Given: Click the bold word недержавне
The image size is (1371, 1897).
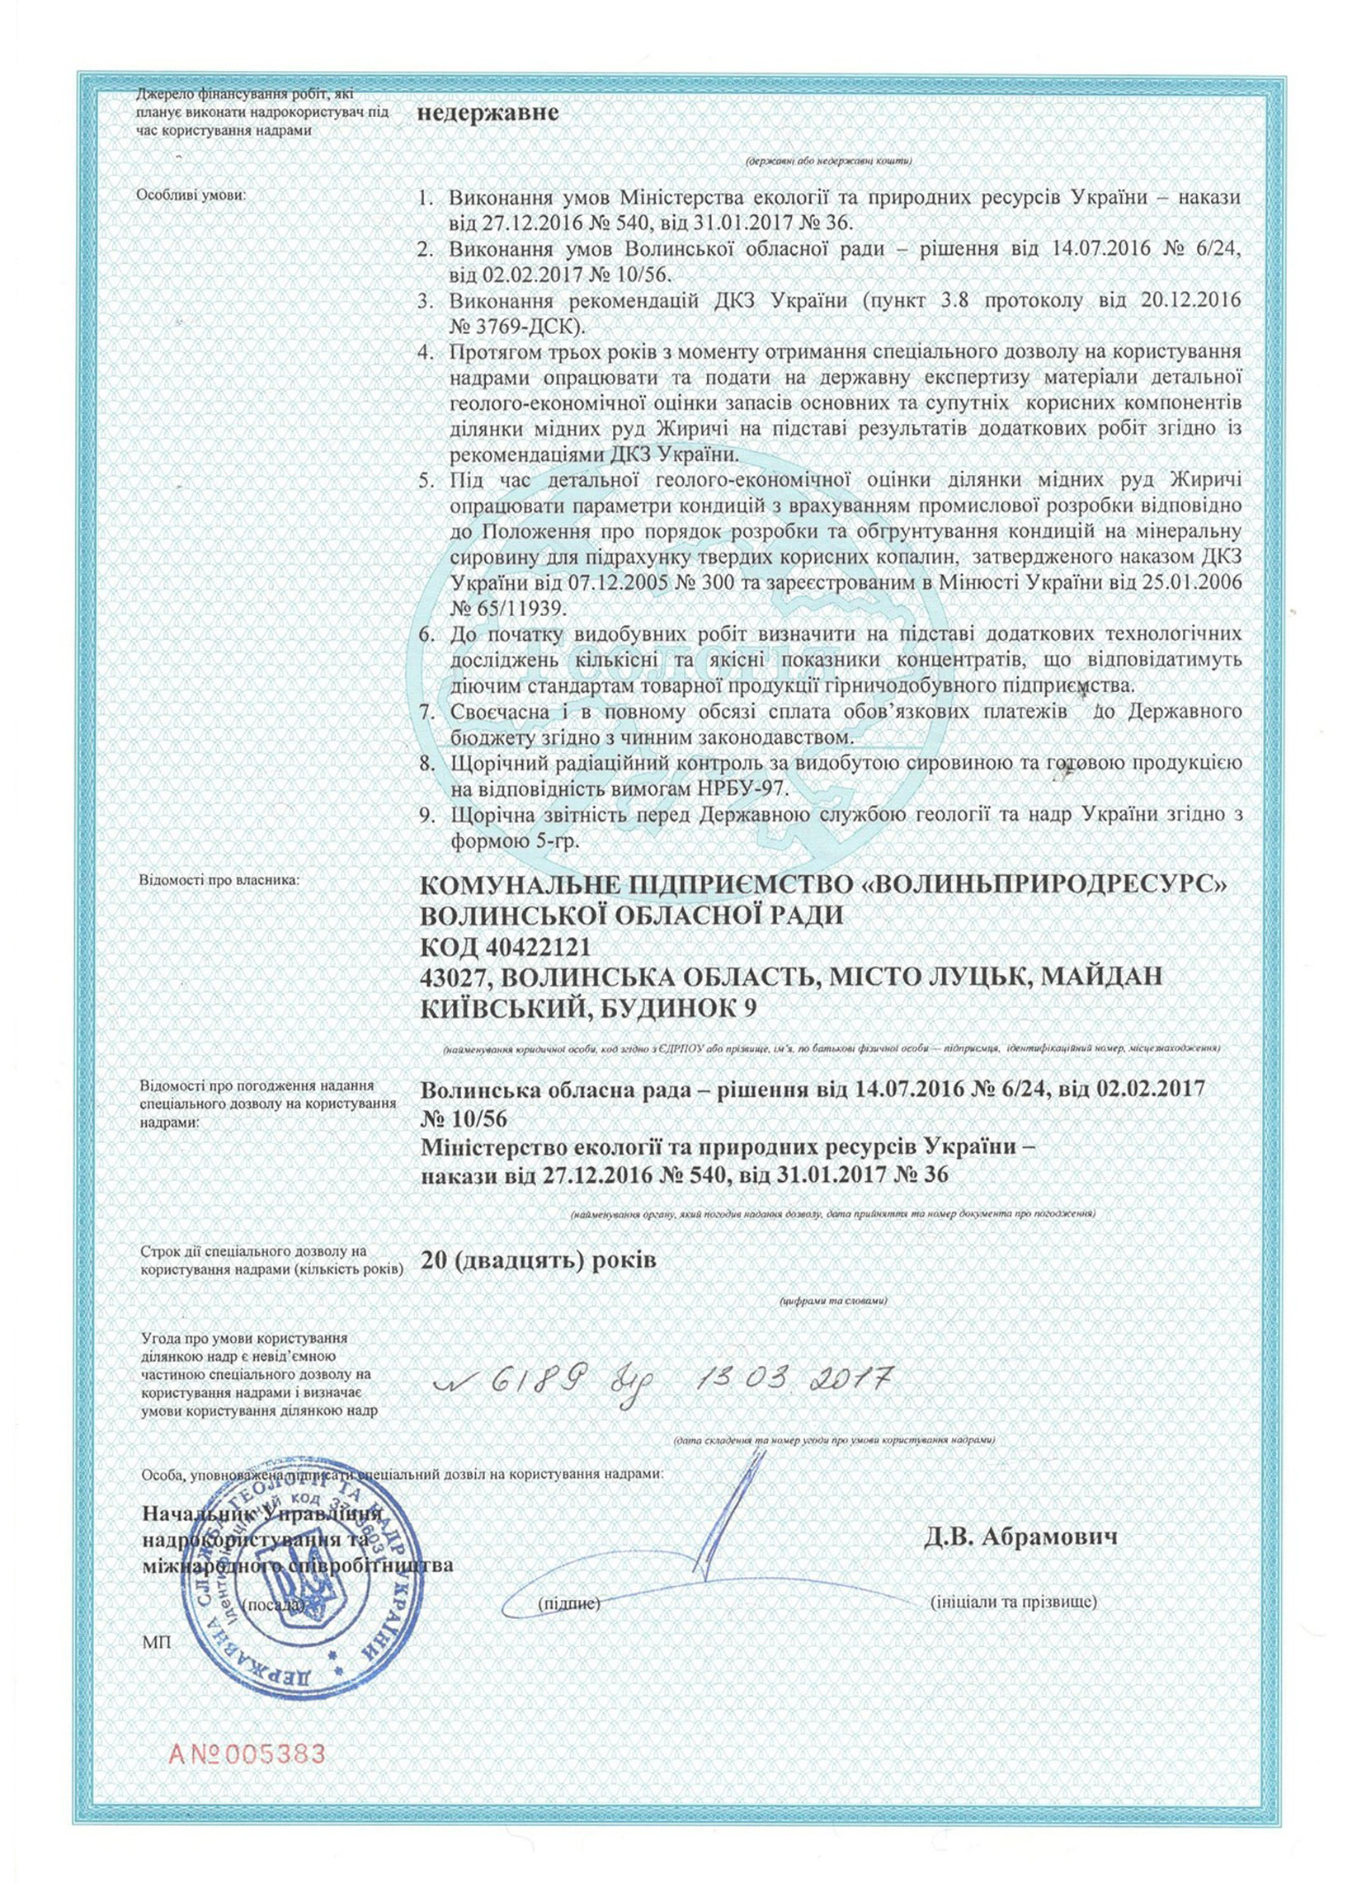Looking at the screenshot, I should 488,114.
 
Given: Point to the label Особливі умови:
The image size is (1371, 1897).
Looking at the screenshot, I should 191,195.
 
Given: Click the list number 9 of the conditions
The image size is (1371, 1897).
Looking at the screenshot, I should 426,815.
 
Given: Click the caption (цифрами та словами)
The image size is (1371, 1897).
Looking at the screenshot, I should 832,1325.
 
